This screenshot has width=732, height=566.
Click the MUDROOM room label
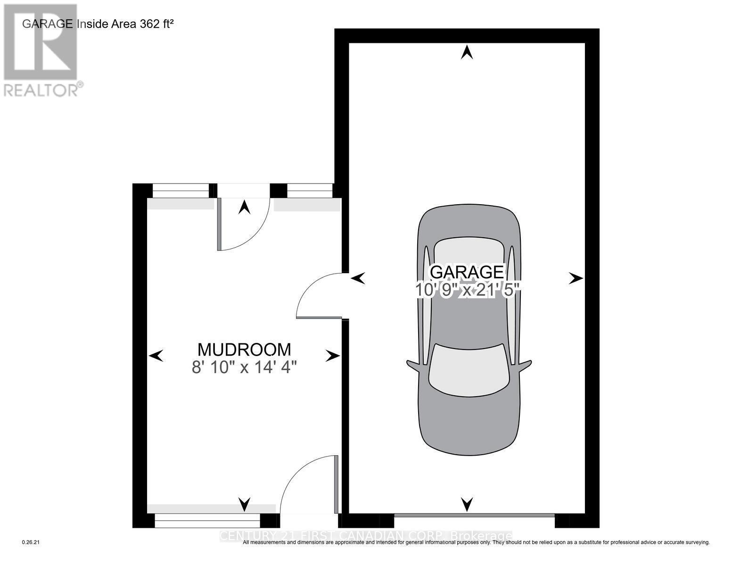point(244,350)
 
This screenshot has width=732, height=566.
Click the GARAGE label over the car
point(467,272)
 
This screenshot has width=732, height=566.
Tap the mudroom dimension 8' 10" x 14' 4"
point(244,367)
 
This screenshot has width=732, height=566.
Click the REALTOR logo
point(41,50)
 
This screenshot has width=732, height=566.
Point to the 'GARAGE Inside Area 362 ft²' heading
point(98,24)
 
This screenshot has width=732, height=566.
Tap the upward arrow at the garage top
point(467,52)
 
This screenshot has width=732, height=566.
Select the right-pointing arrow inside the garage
point(576,279)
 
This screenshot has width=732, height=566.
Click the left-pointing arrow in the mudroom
point(156,356)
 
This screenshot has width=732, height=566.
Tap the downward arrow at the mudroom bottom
point(244,504)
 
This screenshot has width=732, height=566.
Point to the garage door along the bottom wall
point(474,515)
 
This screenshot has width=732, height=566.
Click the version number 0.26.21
point(32,543)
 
